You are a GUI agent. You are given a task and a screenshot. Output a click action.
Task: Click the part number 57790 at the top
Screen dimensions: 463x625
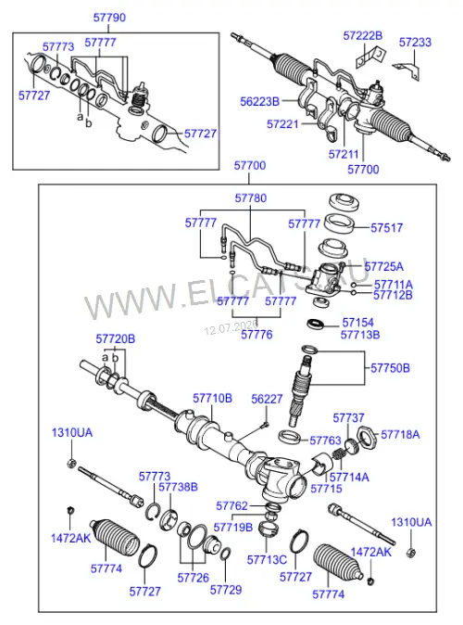click(x=109, y=18)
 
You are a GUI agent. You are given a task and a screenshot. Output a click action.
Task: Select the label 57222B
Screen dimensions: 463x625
click(x=363, y=35)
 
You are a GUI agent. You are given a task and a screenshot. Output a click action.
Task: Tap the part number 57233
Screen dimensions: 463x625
click(x=415, y=42)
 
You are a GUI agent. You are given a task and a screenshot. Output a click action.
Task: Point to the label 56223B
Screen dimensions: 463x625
click(x=259, y=102)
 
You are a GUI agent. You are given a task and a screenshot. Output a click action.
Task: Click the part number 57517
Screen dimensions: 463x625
click(x=386, y=227)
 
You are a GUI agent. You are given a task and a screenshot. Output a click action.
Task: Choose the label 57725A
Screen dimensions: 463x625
click(x=383, y=266)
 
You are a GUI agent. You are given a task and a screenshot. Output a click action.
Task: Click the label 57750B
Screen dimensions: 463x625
click(x=390, y=367)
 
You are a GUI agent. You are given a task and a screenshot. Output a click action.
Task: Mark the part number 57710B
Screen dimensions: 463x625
click(x=212, y=398)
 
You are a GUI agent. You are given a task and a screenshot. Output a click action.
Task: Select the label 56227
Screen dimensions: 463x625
click(x=267, y=399)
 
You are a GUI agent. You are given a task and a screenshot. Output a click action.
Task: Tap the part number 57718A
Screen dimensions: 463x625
click(x=400, y=434)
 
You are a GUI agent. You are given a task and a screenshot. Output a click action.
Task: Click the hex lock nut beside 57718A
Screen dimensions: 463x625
click(x=367, y=437)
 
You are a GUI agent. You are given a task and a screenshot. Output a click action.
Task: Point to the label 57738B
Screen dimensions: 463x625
click(x=178, y=487)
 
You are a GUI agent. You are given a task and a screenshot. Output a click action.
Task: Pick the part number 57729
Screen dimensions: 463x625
click(x=226, y=590)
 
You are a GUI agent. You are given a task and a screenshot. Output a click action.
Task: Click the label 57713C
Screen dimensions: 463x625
click(x=267, y=560)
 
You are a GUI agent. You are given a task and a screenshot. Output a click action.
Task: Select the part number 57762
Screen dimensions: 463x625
click(x=231, y=505)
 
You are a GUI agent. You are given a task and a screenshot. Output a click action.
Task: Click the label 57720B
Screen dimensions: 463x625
click(x=116, y=338)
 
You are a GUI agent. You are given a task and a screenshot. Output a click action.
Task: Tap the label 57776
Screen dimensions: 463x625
click(x=257, y=334)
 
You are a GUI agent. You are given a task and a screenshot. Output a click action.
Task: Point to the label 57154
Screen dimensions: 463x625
click(x=358, y=323)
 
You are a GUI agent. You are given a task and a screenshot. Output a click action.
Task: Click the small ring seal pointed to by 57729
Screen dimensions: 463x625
click(x=225, y=554)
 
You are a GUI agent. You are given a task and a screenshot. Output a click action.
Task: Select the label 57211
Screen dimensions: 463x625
click(x=344, y=154)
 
